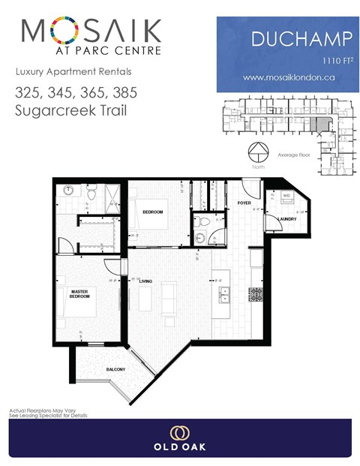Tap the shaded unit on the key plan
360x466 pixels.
coord(320,128)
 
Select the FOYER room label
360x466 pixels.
coord(244,203)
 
